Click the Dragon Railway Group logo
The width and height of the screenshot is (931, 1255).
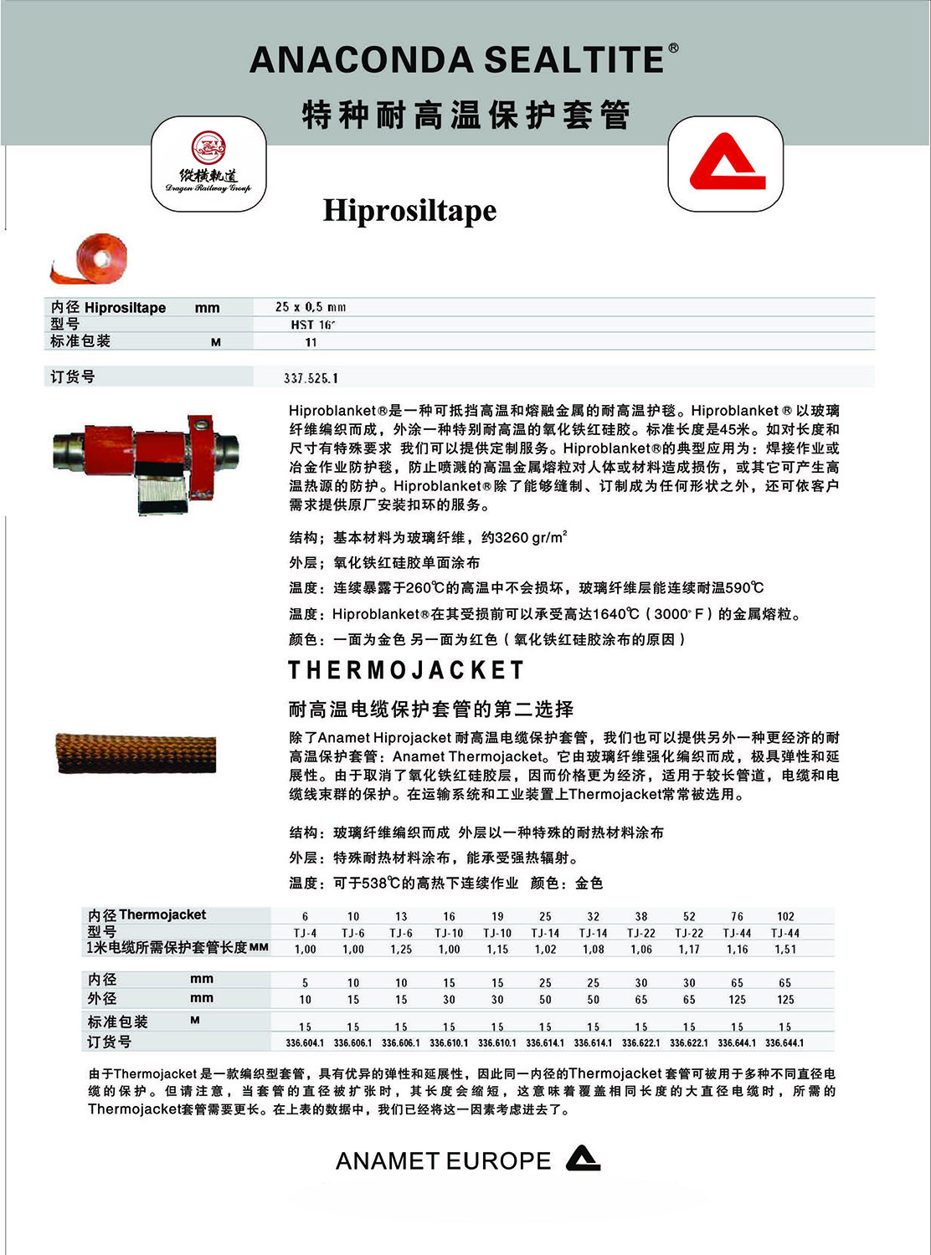pos(208,164)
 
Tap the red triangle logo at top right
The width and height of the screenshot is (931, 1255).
pos(726,164)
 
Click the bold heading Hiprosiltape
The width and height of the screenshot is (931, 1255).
pos(409,210)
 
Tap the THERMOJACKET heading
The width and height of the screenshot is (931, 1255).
pos(407,670)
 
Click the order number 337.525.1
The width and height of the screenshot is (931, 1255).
pos(311,378)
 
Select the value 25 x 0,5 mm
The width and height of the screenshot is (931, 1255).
pos(311,307)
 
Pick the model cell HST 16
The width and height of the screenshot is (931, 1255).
pos(312,325)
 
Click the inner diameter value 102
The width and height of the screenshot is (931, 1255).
pos(785,916)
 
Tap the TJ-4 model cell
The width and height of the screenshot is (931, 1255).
pos(305,933)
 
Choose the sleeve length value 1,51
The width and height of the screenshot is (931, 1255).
pos(785,949)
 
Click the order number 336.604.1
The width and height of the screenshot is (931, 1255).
pos(305,1043)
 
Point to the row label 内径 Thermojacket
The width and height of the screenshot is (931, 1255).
pos(147,915)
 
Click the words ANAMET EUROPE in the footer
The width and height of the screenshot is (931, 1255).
pos(443,1161)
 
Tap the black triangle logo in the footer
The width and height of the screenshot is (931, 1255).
pos(584,1158)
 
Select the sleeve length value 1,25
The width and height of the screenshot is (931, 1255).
pos(401,949)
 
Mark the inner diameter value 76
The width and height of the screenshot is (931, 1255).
pos(737,916)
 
